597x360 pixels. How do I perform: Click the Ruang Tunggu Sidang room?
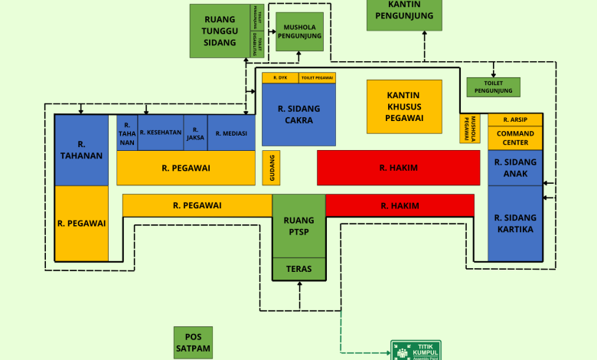pos(219,31)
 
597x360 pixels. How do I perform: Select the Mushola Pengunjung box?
pos(299,31)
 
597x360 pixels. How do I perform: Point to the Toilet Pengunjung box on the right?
pos(493,87)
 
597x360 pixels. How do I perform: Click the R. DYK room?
pos(280,77)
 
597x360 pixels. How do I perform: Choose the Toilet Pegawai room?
pos(317,77)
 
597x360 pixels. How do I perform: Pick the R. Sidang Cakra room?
pos(298,114)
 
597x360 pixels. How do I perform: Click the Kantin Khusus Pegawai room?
pos(405,106)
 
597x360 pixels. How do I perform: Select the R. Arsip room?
pos(514,119)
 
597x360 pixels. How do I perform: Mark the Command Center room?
pos(514,138)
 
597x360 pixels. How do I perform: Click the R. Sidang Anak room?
pos(514,167)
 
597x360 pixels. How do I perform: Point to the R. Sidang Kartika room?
pos(514,223)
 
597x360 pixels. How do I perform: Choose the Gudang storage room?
pos(271,167)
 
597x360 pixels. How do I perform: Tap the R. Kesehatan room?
pos(161,133)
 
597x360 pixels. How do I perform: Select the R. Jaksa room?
pos(195,133)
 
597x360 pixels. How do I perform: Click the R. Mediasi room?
pos(231,133)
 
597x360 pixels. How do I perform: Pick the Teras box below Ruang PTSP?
pos(299,269)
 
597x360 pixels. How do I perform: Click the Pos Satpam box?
pos(193,342)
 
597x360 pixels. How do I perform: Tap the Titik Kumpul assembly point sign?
pos(416,350)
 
